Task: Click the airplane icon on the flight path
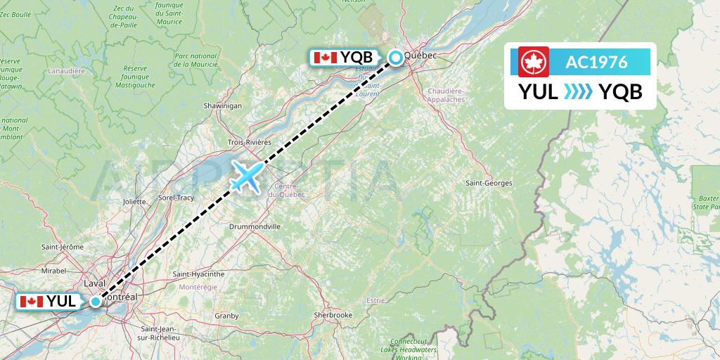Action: [245, 176]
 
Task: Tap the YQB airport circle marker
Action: [397, 58]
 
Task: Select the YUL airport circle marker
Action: [96, 302]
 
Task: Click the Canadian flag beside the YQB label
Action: [325, 58]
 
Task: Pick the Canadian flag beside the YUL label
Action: [30, 302]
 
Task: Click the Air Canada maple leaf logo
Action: [534, 62]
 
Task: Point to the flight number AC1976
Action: [596, 62]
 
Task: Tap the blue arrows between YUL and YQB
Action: [579, 91]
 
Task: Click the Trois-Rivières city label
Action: [249, 142]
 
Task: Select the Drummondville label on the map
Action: [255, 227]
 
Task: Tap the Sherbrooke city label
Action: [333, 315]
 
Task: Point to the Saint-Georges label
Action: [489, 183]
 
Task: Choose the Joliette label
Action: [134, 201]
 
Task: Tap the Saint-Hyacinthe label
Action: [198, 274]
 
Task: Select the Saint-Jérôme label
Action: [63, 247]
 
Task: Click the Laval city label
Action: [94, 283]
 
